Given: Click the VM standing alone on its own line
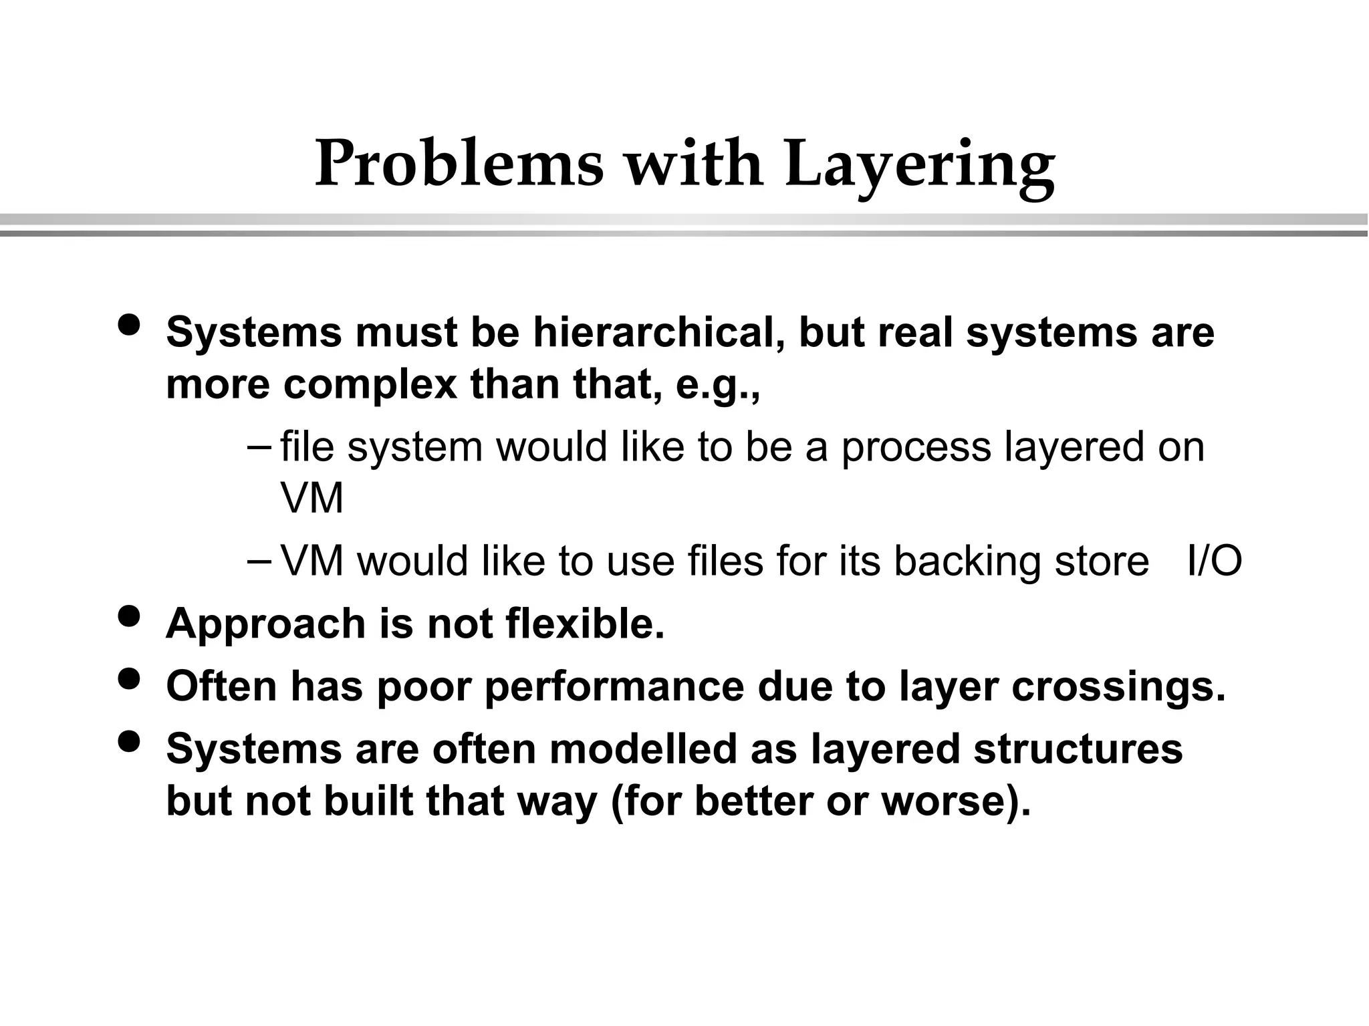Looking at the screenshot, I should pos(312,499).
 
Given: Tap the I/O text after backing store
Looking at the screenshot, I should pos(1214,561).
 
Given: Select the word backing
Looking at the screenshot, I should pos(967,561).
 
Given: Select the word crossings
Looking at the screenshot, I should pos(1118,686).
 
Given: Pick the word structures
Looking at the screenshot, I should pos(1078,749).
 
